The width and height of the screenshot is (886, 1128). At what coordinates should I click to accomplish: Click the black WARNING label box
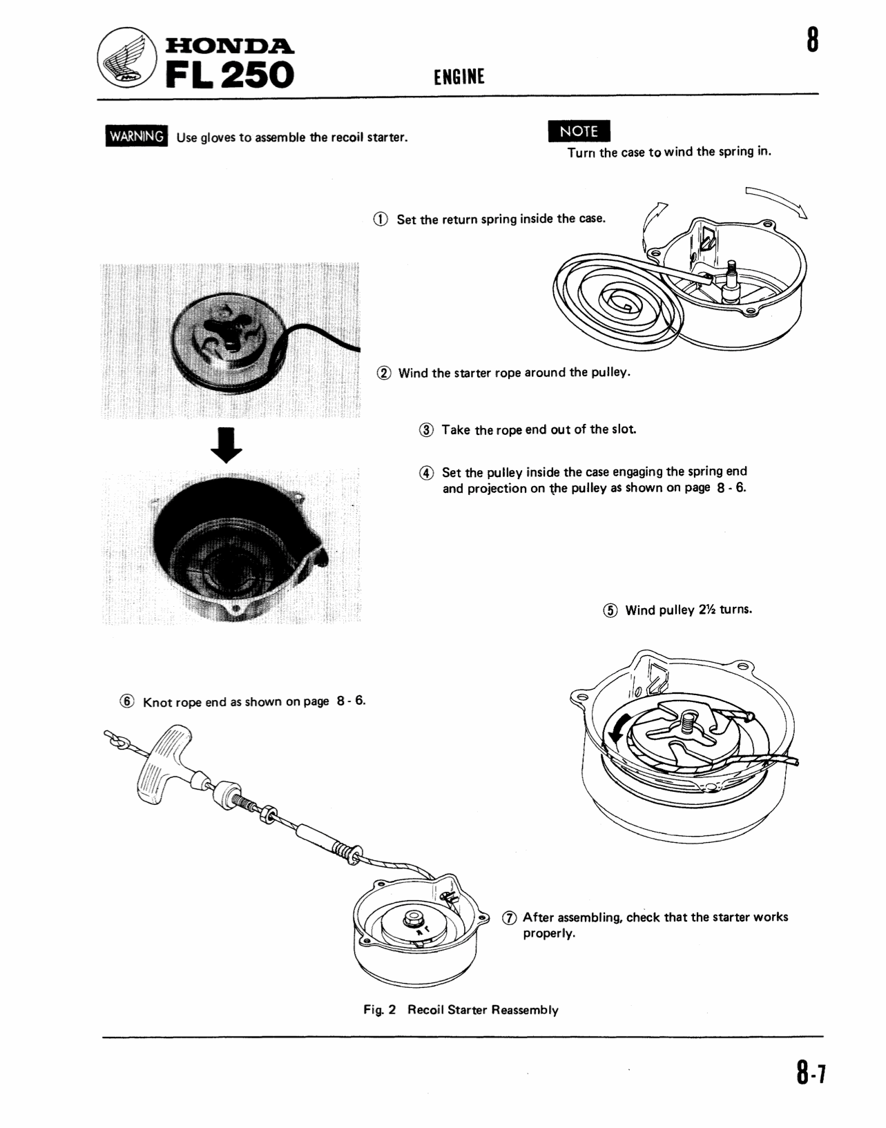pos(137,137)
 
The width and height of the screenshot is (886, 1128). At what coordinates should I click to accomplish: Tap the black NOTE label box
pos(579,131)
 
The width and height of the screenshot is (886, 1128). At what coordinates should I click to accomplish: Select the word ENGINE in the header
pos(459,77)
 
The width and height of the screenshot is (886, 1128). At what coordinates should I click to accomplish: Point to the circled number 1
pos(381,220)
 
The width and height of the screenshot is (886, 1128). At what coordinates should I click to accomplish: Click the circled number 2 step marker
pos(384,373)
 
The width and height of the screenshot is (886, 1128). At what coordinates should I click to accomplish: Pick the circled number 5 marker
pos(610,610)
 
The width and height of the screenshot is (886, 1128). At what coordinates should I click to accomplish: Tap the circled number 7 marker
pos(509,917)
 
